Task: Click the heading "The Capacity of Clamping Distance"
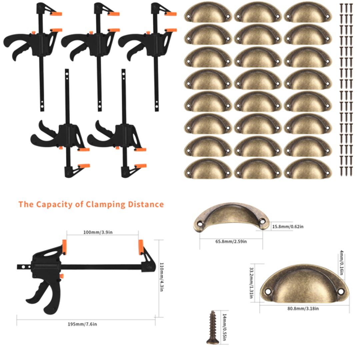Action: point(91,204)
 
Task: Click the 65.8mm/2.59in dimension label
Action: point(231,241)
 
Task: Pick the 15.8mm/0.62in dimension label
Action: point(288,227)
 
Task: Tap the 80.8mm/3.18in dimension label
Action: point(303,309)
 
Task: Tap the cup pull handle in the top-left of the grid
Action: point(208,12)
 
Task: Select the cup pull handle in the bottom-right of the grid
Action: point(308,169)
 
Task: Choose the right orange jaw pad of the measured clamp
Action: point(141,247)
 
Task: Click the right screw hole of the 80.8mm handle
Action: point(340,291)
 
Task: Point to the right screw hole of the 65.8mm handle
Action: point(262,220)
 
